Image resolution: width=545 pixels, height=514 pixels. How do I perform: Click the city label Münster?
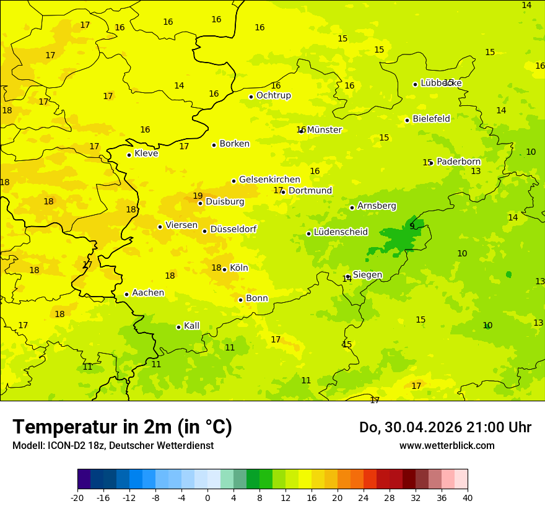pyautogui.click(x=325, y=130)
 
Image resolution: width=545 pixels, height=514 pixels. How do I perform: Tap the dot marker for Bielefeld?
pyautogui.click(x=407, y=120)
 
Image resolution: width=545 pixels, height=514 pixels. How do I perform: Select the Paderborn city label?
pyautogui.click(x=458, y=162)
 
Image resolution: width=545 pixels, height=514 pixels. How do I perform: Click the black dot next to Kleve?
pyautogui.click(x=129, y=155)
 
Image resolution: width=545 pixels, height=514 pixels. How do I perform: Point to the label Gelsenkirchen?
pyautogui.click(x=269, y=180)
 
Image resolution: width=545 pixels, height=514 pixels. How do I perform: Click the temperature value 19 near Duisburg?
pyautogui.click(x=198, y=196)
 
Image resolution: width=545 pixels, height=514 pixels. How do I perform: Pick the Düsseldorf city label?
pyautogui.click(x=233, y=229)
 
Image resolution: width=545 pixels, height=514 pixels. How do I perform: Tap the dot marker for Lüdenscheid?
pyautogui.click(x=308, y=233)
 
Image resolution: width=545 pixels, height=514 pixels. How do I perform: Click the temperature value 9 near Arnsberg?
pyautogui.click(x=412, y=226)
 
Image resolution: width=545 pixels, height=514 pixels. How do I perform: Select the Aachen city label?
pyautogui.click(x=148, y=293)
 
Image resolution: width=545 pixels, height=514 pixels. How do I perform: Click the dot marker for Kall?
pyautogui.click(x=178, y=327)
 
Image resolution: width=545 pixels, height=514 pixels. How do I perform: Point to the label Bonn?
pyautogui.click(x=257, y=298)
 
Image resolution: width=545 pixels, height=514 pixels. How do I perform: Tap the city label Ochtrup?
pyautogui.click(x=273, y=95)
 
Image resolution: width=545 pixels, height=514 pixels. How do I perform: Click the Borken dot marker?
pyautogui.click(x=214, y=145)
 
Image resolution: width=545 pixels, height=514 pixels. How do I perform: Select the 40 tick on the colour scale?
pyautogui.click(x=468, y=497)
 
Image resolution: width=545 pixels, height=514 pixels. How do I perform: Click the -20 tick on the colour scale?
pyautogui.click(x=77, y=497)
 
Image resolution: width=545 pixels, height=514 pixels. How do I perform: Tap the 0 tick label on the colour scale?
pyautogui.click(x=207, y=497)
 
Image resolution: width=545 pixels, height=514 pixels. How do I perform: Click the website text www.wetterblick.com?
pyautogui.click(x=447, y=445)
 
